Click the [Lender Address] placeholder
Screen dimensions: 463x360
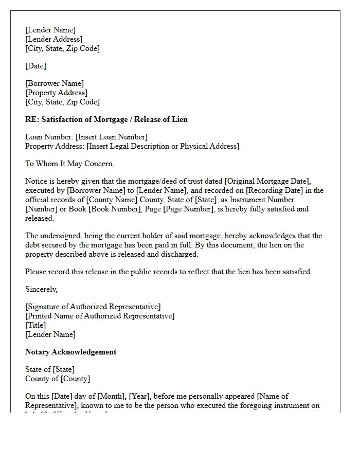53,39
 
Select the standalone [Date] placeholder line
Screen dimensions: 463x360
35,66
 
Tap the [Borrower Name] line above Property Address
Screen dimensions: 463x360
55,83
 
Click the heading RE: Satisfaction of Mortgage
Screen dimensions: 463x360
106,119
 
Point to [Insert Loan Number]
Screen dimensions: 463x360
111,137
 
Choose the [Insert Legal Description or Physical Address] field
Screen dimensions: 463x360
163,146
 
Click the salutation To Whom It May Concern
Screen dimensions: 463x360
70,164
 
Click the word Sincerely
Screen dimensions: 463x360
41,289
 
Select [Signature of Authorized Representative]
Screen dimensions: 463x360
93,307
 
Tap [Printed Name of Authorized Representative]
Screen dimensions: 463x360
100,316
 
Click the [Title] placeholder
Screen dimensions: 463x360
35,325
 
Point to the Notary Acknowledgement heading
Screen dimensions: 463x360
71,352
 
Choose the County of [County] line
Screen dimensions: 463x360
58,379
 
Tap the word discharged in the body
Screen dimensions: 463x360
180,254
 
